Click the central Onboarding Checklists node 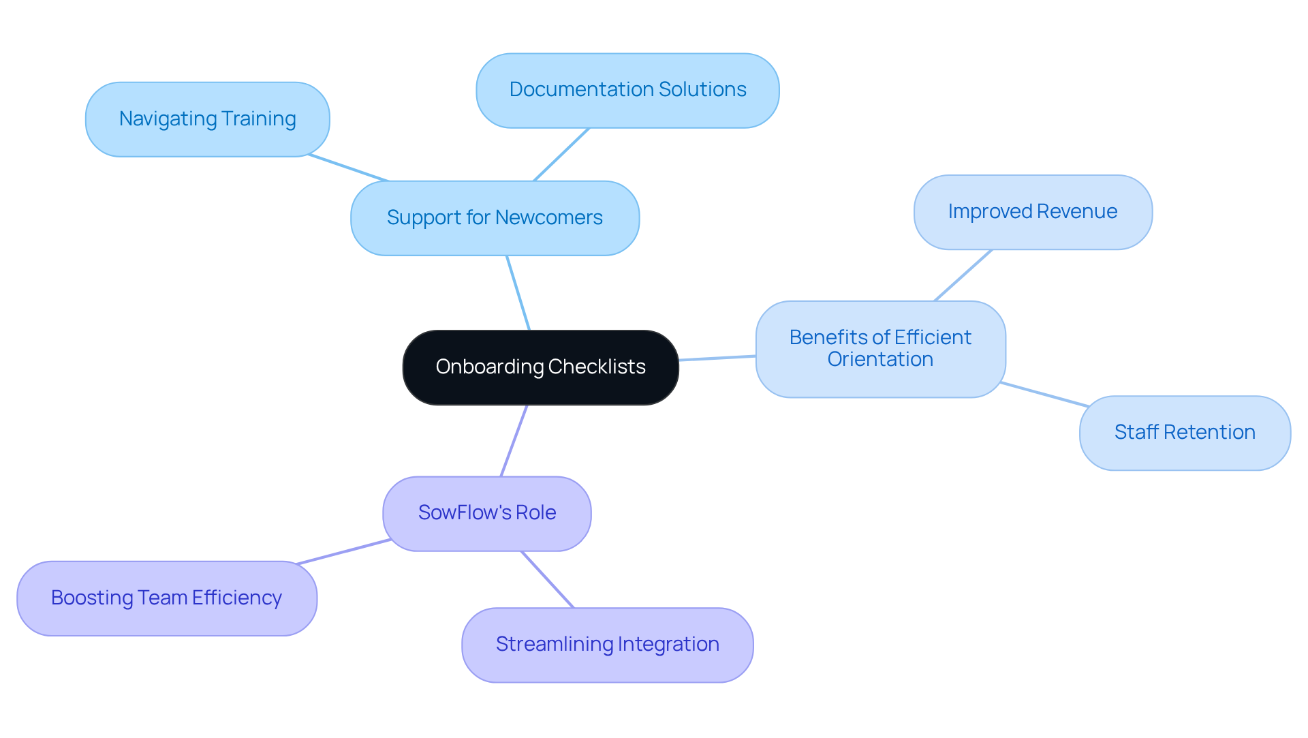tap(540, 367)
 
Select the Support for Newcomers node tap(495, 218)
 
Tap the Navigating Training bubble tap(207, 119)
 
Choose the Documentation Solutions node tap(627, 90)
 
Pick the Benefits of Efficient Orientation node tap(880, 349)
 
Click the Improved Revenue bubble tap(1032, 212)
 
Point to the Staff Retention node tap(1185, 433)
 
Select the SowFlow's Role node tap(486, 513)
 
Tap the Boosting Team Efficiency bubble tap(166, 598)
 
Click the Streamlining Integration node tap(607, 645)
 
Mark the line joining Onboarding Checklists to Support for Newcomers tap(518, 293)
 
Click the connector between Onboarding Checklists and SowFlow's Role tap(514, 441)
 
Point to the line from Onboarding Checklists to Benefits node tap(717, 358)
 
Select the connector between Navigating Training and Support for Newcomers tap(347, 168)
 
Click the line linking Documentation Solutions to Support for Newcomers tap(561, 154)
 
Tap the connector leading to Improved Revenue tap(963, 275)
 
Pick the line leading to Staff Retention tap(1044, 395)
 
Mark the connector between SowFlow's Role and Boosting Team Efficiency tap(344, 552)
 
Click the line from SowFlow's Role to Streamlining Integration tap(548, 579)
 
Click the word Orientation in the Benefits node tap(880, 360)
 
